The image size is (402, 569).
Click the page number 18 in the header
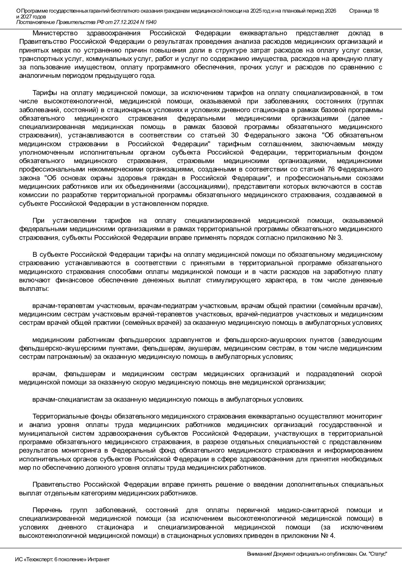(375, 11)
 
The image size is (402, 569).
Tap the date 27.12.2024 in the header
(128, 22)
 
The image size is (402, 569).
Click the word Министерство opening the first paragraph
(55, 33)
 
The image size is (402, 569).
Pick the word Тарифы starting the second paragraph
(44, 93)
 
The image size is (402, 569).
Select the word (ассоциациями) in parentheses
(202, 187)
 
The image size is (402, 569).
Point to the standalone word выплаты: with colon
(34, 289)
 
